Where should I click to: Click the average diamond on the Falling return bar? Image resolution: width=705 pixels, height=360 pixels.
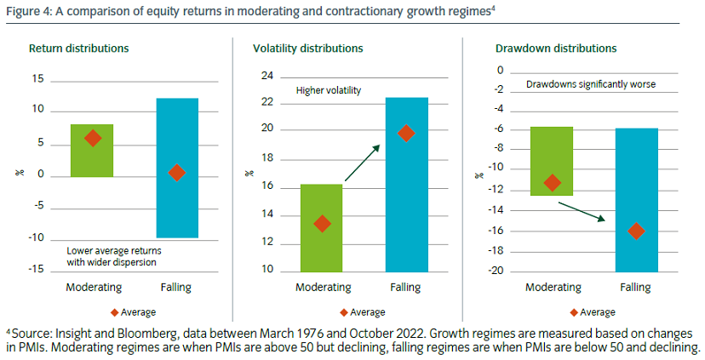point(176,173)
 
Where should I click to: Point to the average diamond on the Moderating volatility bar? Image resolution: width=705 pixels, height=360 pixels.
point(322,224)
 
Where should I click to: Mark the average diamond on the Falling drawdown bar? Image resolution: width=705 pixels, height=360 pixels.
point(635,231)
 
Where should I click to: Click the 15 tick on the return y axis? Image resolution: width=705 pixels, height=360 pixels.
point(37,79)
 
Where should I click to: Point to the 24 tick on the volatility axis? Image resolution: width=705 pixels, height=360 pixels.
point(267,77)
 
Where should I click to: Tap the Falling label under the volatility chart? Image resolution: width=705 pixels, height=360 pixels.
point(406,288)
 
